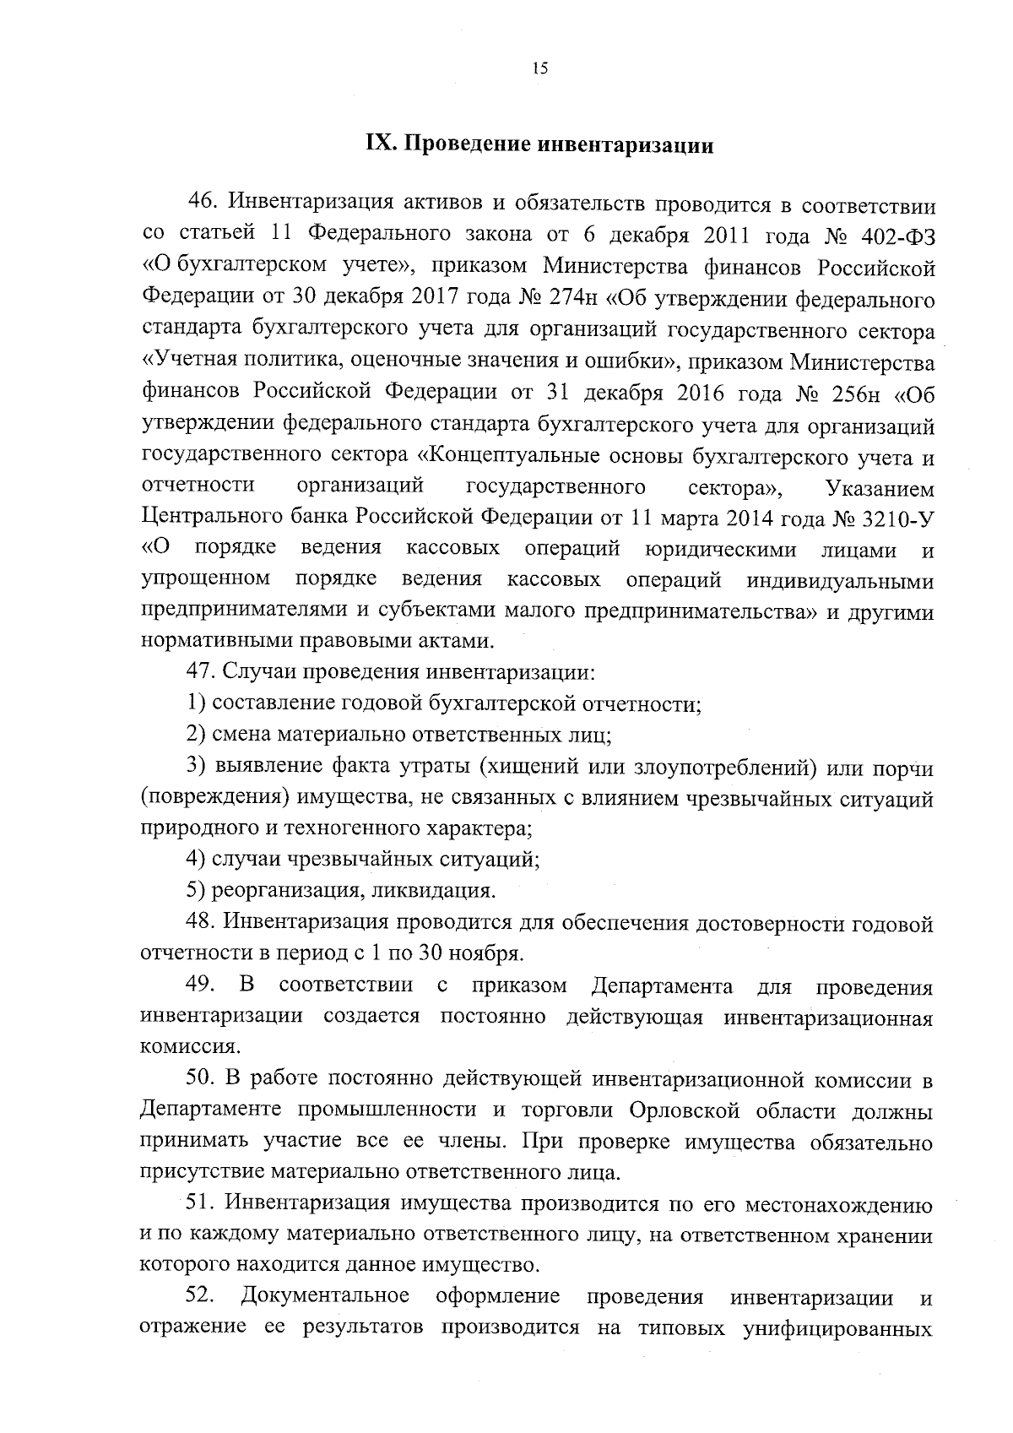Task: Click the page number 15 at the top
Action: (x=540, y=69)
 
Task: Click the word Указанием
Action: (x=881, y=487)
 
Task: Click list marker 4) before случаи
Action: (x=196, y=860)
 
